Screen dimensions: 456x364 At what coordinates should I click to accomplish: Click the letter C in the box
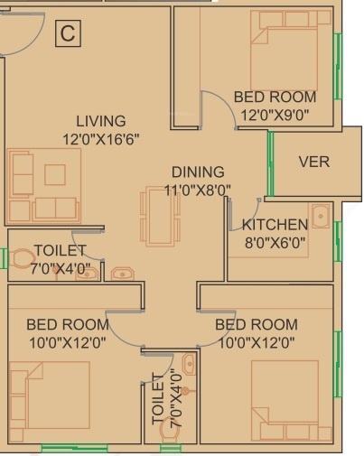pos(67,34)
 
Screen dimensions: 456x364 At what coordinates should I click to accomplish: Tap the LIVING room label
pos(100,121)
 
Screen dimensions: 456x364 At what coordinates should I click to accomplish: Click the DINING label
pos(198,172)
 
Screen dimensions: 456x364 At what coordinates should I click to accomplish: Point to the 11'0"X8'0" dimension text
pos(198,190)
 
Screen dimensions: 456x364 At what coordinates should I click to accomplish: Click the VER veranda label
pos(313,163)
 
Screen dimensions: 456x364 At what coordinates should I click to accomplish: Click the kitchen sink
pos(320,217)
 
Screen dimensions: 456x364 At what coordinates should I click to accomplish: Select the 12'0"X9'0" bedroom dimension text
pos(275,114)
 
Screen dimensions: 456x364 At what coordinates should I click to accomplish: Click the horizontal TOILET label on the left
pos(60,250)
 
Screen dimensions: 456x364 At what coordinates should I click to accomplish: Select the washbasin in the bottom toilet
pos(188,365)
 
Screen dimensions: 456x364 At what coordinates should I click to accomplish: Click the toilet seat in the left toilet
pos(20,258)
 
